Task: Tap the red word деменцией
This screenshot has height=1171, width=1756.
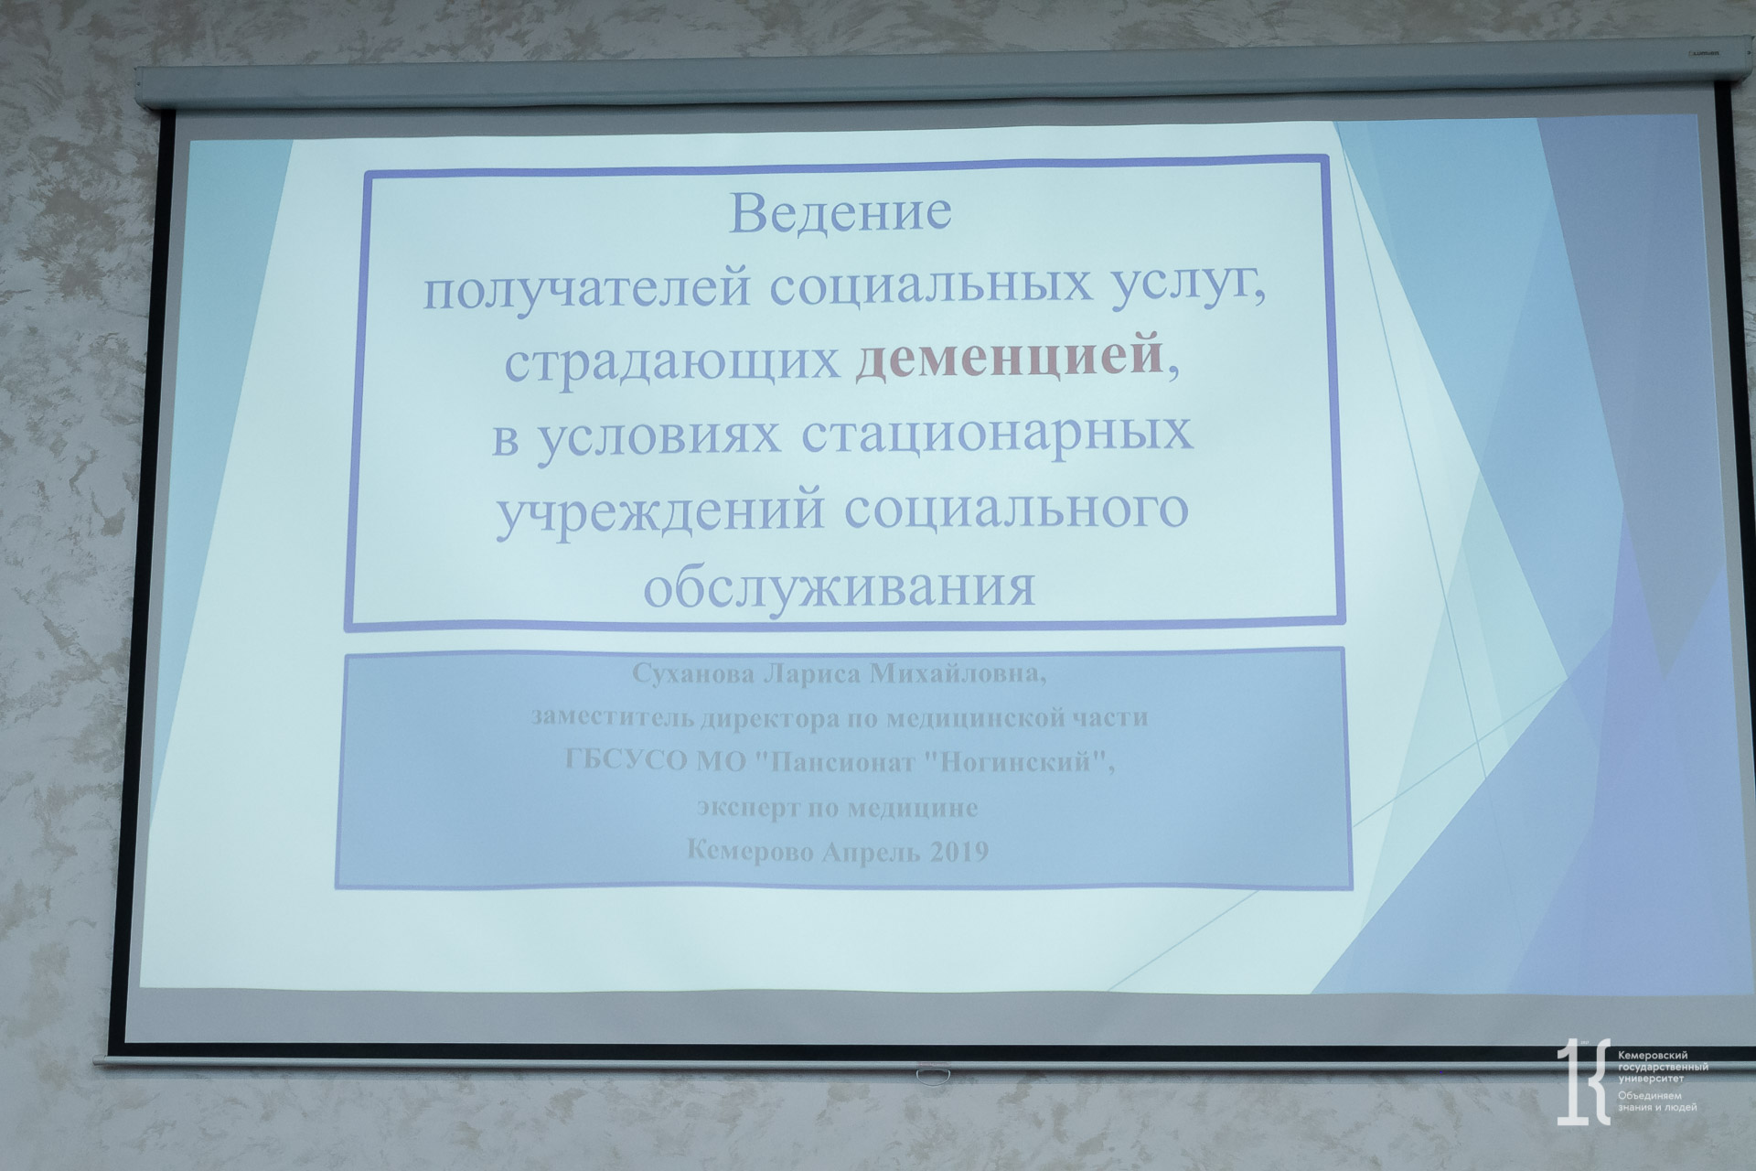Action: (x=1009, y=357)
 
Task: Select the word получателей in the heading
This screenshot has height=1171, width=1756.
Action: (x=586, y=286)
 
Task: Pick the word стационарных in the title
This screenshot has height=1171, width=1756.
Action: (x=998, y=434)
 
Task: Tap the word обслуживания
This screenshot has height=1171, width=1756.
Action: (x=840, y=585)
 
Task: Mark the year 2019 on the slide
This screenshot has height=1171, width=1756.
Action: (x=958, y=851)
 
